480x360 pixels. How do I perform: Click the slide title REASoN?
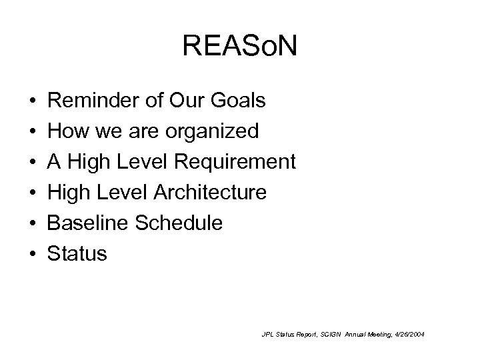click(240, 47)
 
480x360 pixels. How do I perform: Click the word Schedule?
click(180, 223)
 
